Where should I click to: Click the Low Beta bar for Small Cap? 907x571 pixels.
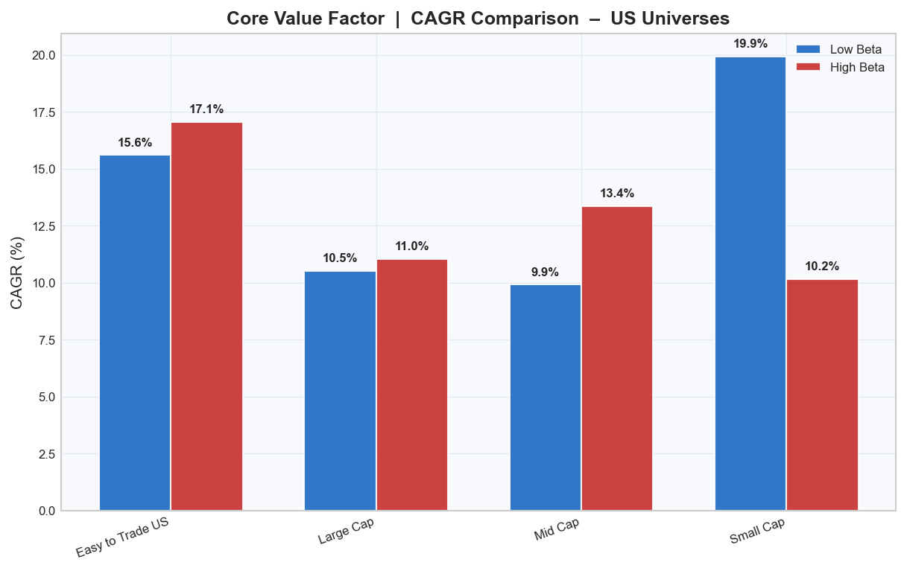(x=750, y=283)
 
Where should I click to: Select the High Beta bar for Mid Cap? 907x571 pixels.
(x=617, y=358)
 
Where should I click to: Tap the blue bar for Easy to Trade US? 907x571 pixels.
(x=135, y=332)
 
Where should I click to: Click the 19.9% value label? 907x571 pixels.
(x=750, y=44)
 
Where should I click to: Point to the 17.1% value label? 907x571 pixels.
(x=206, y=109)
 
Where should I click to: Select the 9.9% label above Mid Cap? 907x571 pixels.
(x=545, y=272)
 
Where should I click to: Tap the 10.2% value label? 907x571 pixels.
(x=822, y=266)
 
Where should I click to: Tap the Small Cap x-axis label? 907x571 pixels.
(x=757, y=532)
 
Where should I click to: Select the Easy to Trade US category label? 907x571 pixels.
(x=123, y=537)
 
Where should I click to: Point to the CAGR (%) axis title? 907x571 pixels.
(x=17, y=272)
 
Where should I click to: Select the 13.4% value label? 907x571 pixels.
(x=617, y=194)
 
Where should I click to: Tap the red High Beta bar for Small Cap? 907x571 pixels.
(x=822, y=395)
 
